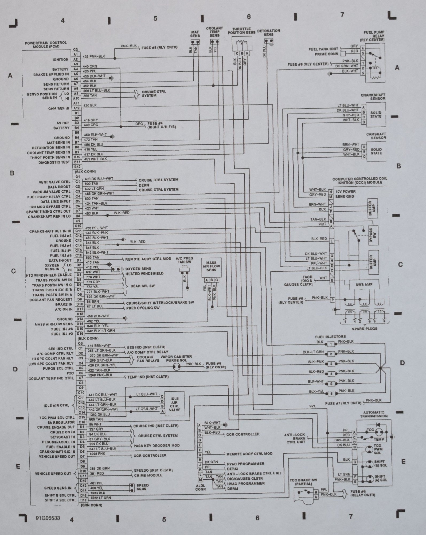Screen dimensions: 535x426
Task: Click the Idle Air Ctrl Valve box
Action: (x=174, y=404)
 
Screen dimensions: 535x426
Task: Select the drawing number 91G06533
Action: (x=48, y=518)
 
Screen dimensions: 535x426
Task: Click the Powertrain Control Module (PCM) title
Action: (x=46, y=45)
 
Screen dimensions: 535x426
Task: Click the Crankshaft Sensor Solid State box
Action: (x=376, y=115)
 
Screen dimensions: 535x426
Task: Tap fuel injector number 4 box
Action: (x=331, y=374)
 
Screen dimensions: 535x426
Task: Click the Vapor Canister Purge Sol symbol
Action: (x=176, y=367)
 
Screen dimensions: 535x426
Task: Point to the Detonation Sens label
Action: (x=268, y=33)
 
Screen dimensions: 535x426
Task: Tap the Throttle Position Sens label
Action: (x=241, y=31)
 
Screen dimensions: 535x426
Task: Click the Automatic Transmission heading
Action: (x=373, y=414)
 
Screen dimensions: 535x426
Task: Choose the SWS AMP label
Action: (x=364, y=284)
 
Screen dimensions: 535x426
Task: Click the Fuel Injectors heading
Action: (x=330, y=337)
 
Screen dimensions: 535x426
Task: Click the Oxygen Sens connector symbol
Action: (x=116, y=269)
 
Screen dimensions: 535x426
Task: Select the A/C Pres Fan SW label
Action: (x=184, y=261)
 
